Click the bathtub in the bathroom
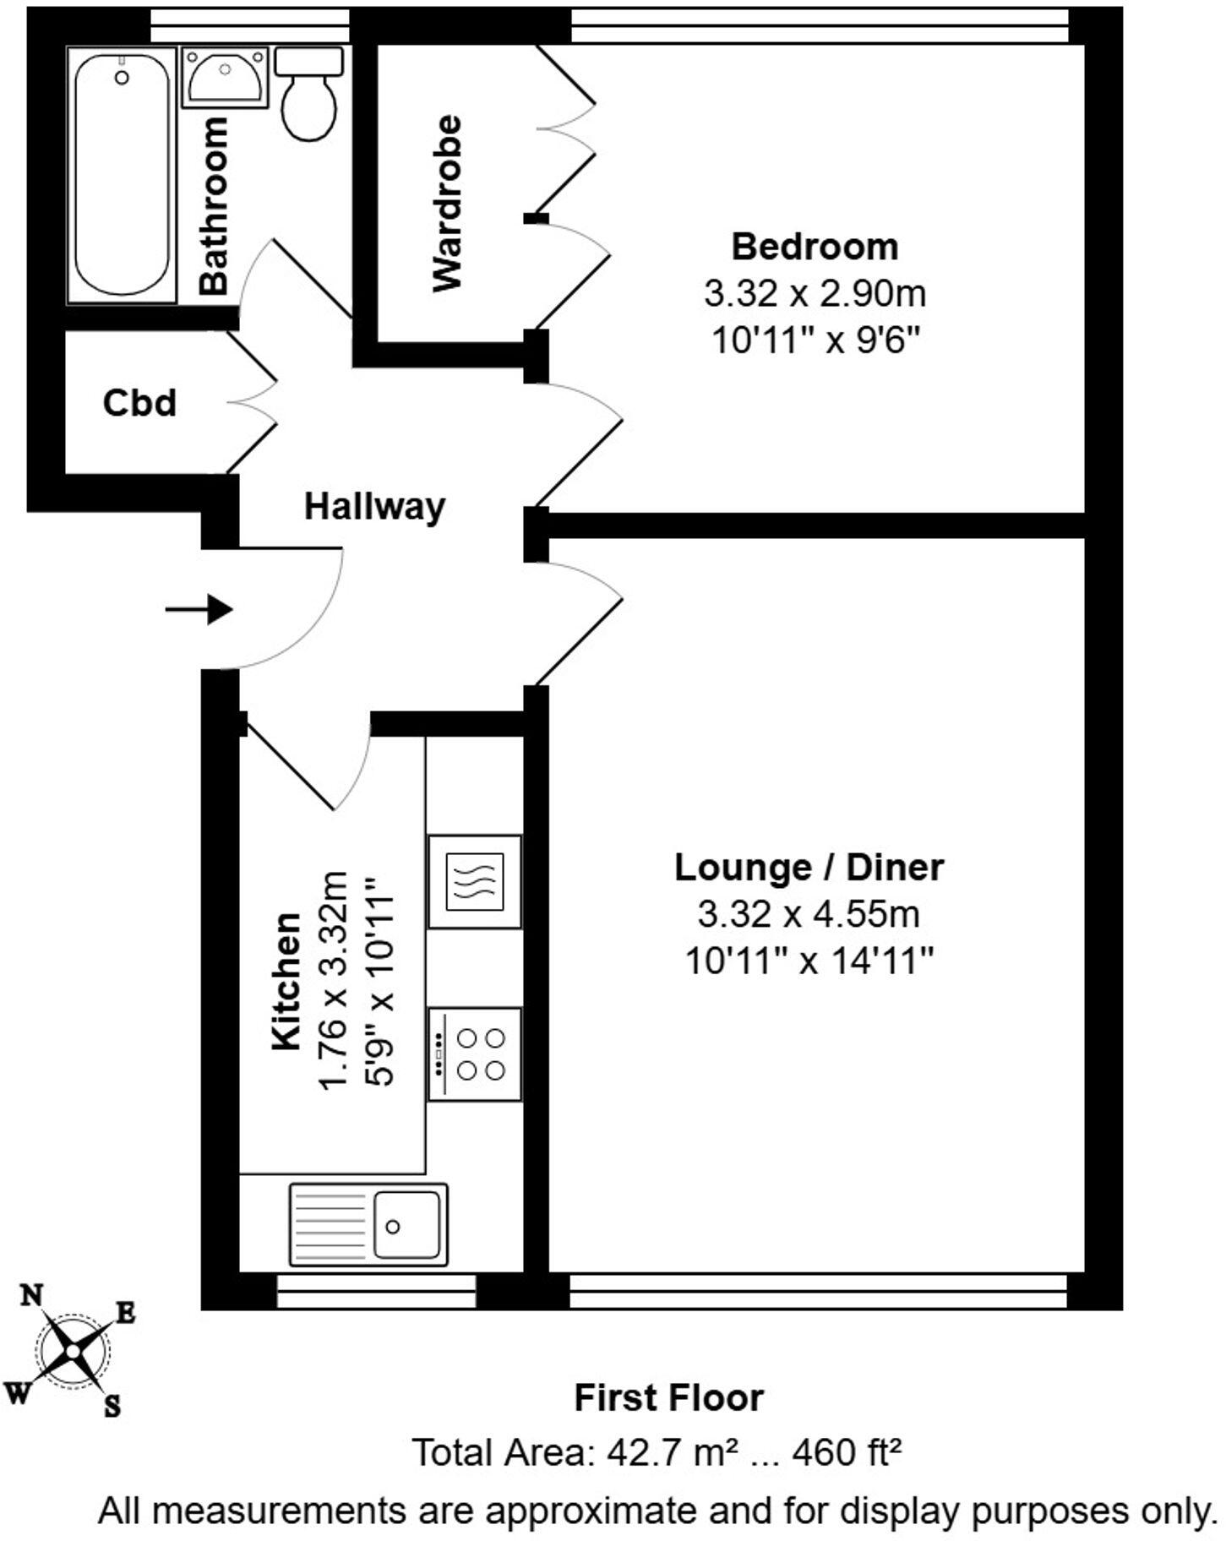tap(123, 173)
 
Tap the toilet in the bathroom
tap(309, 95)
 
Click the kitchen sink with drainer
tap(368, 1224)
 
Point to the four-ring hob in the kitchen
tap(475, 1054)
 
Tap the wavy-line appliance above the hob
tap(475, 882)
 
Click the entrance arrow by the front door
tap(199, 608)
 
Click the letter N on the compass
tap(32, 1296)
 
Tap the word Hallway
tap(374, 507)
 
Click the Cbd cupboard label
tap(139, 403)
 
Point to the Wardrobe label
tap(448, 204)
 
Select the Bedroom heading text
tap(815, 247)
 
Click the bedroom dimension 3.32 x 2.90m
tap(815, 294)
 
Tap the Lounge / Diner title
tap(809, 868)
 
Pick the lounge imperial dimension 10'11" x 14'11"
tap(809, 961)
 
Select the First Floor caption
tap(668, 1398)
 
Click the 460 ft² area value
tap(847, 1453)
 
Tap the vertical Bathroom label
tap(215, 205)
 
